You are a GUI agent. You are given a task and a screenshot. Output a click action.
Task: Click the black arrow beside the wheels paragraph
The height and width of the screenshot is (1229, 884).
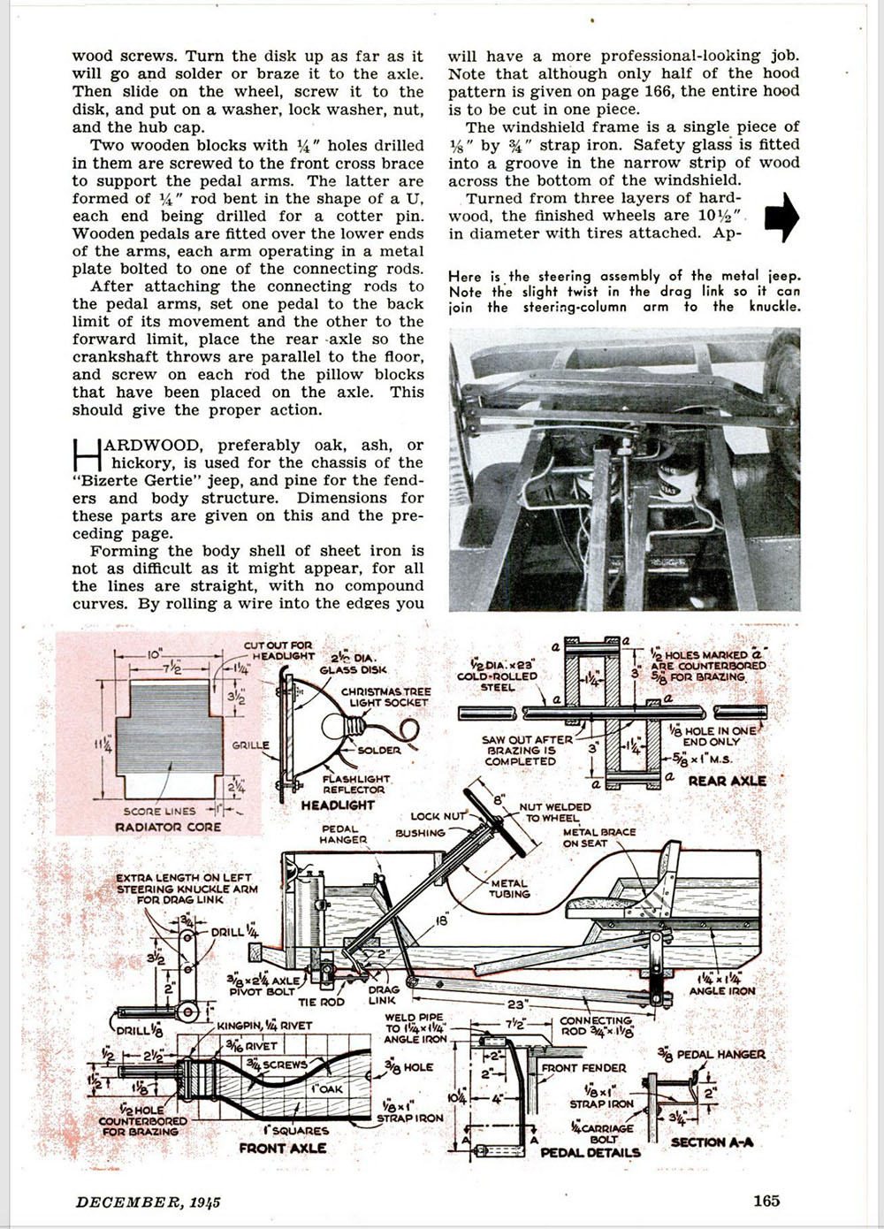pyautogui.click(x=781, y=217)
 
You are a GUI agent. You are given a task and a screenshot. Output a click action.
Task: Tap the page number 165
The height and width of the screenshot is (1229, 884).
pyautogui.click(x=766, y=1200)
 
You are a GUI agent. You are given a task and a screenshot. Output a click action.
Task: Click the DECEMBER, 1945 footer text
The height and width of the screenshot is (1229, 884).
pyautogui.click(x=148, y=1201)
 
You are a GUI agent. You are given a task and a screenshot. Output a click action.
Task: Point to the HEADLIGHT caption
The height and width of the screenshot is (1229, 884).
pyautogui.click(x=338, y=805)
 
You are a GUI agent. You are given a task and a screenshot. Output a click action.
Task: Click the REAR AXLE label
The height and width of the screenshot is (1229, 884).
pyautogui.click(x=727, y=781)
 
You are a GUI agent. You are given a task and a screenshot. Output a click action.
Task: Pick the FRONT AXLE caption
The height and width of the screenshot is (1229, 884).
pyautogui.click(x=282, y=1148)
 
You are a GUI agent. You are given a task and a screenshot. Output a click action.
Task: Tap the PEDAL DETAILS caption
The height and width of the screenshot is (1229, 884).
pyautogui.click(x=590, y=1152)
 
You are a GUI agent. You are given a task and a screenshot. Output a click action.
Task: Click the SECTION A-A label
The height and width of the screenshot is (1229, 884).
pyautogui.click(x=712, y=1141)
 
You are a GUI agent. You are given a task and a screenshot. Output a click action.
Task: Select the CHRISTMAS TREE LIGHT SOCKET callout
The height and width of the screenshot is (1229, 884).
pyautogui.click(x=386, y=697)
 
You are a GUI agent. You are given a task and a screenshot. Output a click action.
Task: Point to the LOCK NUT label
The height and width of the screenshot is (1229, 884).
pyautogui.click(x=438, y=816)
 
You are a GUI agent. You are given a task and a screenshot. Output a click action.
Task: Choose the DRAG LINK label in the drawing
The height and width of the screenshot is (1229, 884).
pyautogui.click(x=383, y=996)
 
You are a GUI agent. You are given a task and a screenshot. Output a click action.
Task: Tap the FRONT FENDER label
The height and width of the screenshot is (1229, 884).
pyautogui.click(x=583, y=1067)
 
